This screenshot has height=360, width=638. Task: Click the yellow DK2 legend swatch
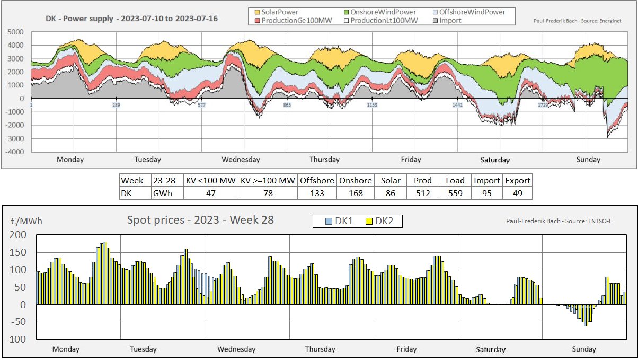click(370, 221)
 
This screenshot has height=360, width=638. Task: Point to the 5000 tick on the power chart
click(16, 32)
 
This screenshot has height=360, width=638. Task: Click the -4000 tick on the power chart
click(15, 152)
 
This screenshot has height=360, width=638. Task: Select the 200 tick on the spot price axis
click(17, 234)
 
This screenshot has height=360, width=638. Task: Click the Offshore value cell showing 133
click(316, 193)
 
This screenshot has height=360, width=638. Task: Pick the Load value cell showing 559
click(455, 193)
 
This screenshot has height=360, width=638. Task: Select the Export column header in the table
click(518, 180)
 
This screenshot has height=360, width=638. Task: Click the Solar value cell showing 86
click(391, 193)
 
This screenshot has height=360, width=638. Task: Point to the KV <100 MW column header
click(210, 180)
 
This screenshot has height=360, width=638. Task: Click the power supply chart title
click(131, 19)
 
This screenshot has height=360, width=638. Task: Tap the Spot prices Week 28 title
click(200, 219)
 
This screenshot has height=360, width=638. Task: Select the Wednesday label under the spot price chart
click(236, 349)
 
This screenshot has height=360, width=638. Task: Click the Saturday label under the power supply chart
click(495, 160)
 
